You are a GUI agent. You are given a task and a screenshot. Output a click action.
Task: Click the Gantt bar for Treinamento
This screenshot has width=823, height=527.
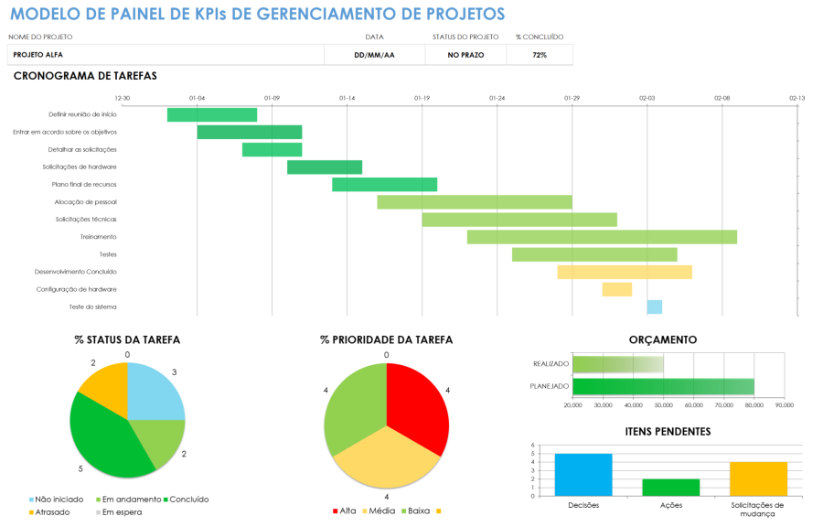click(x=602, y=237)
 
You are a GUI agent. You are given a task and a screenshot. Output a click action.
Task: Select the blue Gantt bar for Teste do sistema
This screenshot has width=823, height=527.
click(x=654, y=307)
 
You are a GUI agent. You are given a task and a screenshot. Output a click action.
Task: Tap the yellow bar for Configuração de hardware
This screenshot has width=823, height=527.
click(x=616, y=289)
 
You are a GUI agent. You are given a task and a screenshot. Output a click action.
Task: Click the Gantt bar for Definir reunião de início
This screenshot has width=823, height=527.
click(x=211, y=114)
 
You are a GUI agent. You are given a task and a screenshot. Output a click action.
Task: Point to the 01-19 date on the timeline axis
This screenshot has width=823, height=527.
click(x=422, y=97)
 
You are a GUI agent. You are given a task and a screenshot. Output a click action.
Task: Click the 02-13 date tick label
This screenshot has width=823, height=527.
click(x=796, y=97)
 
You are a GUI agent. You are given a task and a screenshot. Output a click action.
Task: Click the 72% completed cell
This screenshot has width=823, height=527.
click(x=540, y=55)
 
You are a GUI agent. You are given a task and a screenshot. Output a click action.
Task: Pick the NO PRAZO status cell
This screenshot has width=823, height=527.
click(x=465, y=55)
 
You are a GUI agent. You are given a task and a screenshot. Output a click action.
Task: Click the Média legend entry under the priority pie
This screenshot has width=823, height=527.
click(x=379, y=511)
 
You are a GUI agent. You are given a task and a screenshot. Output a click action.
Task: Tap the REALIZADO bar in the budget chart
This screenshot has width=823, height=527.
click(x=617, y=363)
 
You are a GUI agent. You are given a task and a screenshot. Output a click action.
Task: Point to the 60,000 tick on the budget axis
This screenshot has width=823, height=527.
click(x=694, y=404)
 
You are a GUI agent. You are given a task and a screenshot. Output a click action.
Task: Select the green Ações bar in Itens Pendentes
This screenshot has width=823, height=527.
click(x=670, y=487)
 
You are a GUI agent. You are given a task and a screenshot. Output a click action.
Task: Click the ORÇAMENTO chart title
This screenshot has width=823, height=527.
click(x=662, y=339)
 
